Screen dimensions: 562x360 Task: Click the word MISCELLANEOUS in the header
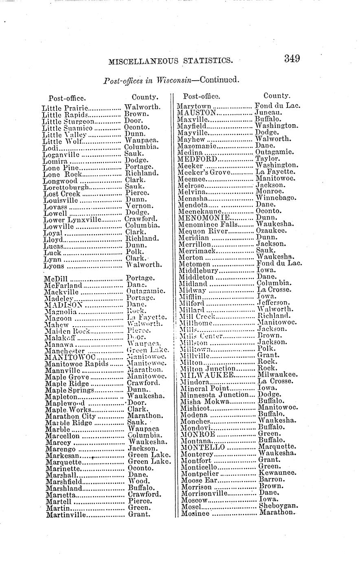click(x=143, y=61)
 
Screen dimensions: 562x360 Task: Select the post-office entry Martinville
click(x=66, y=515)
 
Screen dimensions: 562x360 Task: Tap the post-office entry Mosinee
click(x=195, y=514)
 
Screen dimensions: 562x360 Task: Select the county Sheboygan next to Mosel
click(x=279, y=506)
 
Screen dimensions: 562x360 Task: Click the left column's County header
click(x=145, y=97)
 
